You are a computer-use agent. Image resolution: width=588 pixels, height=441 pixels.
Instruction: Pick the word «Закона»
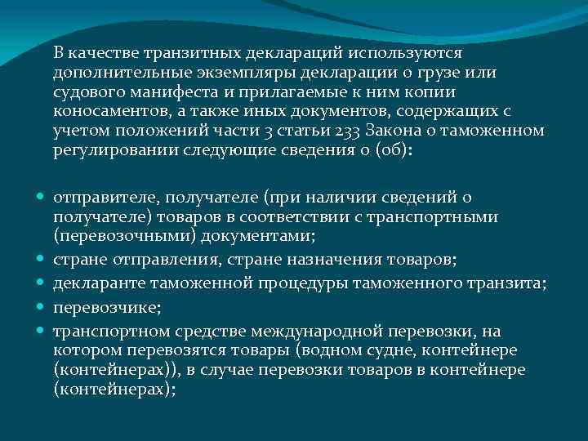point(397,131)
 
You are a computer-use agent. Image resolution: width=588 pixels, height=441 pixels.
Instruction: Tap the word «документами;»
point(262,236)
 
